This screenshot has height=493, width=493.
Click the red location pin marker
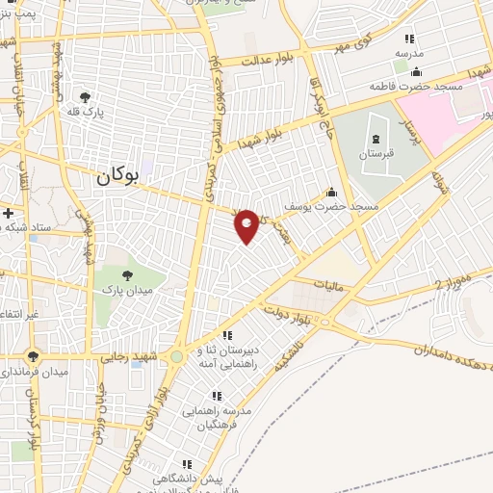247,224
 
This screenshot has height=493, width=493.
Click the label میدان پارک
129,291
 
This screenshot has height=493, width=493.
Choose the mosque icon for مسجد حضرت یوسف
332,193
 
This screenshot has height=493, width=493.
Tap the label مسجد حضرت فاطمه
416,86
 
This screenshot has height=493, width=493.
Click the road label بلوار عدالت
265,60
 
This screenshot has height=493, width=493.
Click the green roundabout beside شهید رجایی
176,356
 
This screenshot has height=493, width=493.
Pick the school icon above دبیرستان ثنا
228,335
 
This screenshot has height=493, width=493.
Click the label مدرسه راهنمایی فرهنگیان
222,416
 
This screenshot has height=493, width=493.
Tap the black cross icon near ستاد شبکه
8,212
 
